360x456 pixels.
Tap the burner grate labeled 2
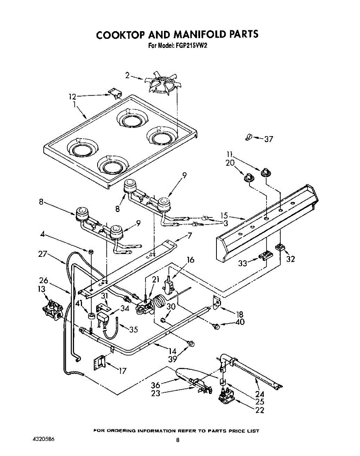[164, 82]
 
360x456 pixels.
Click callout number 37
[268, 139]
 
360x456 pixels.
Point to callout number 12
[73, 97]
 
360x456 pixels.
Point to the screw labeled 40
[217, 326]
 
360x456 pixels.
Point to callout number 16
[190, 260]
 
